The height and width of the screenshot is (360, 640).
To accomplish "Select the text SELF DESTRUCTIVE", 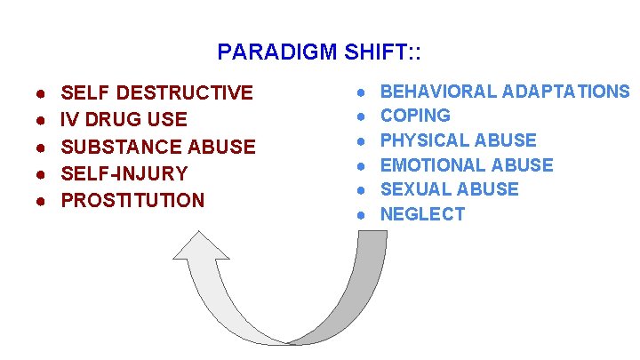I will point(156,93).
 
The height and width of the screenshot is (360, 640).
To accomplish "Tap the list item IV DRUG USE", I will point(124,120).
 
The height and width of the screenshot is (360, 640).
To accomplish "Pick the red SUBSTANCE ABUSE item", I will point(157,147).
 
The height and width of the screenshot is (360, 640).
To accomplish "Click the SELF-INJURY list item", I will point(124,173).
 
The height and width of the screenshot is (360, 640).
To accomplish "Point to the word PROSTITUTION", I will point(132,200).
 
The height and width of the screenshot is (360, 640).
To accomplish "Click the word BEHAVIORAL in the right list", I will point(439,92).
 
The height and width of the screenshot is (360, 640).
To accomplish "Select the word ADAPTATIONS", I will point(566,92).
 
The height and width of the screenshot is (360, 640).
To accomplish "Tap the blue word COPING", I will point(415,116).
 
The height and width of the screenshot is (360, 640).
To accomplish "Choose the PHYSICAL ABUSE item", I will point(458,140).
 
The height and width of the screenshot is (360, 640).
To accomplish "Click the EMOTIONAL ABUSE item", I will point(467,165).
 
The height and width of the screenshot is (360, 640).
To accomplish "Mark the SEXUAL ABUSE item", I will point(449,189).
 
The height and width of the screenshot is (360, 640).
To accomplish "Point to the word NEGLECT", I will point(422,214).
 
